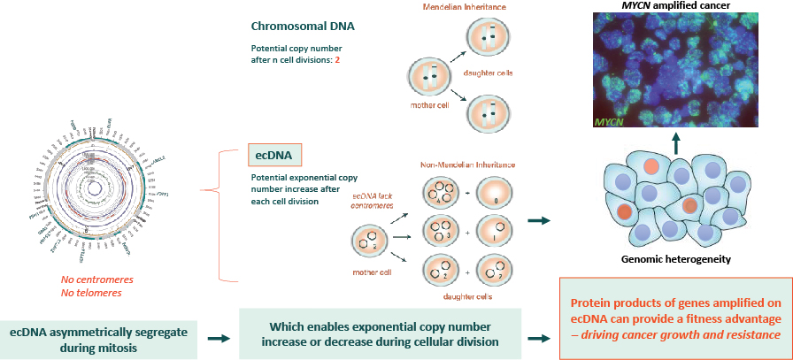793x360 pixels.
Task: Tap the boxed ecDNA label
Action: click(276, 155)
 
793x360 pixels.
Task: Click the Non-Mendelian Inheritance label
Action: click(466, 165)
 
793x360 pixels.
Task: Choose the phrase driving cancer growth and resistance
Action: click(706, 336)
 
